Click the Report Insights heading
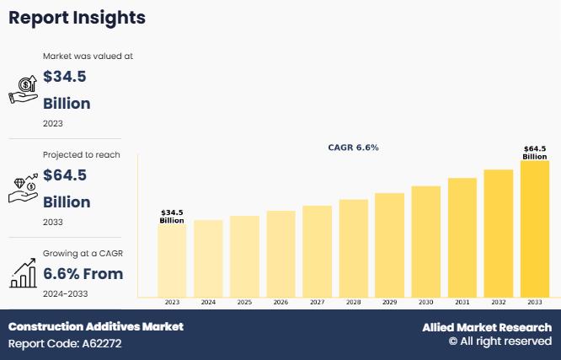tap(77, 18)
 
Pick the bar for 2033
tap(535, 228)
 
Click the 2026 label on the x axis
tap(280, 302)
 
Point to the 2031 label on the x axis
tap(462, 302)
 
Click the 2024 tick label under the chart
tap(208, 302)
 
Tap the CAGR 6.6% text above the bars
tap(353, 148)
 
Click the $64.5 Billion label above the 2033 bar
tap(535, 153)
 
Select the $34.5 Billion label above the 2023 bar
tap(172, 217)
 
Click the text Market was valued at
tap(88, 56)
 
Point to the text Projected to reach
tap(82, 155)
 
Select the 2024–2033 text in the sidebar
tap(65, 293)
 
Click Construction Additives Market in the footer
tap(95, 326)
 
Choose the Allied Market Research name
tap(487, 327)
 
